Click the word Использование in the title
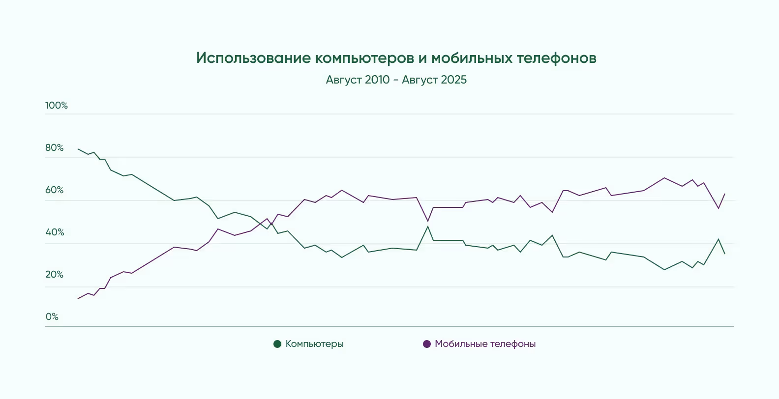click(x=253, y=58)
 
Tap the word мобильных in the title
click(x=472, y=58)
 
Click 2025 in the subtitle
click(x=454, y=80)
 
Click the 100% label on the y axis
click(x=57, y=105)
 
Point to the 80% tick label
click(x=55, y=147)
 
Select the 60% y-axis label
click(x=55, y=190)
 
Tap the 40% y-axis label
click(x=55, y=232)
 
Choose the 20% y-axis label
click(x=55, y=274)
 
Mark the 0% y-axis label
click(x=52, y=316)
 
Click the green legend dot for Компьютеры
click(x=277, y=344)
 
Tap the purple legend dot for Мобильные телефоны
click(x=427, y=344)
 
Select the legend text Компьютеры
click(x=315, y=344)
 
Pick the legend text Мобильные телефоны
click(x=485, y=344)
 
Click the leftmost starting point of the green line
click(x=78, y=148)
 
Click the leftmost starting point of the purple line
click(x=78, y=299)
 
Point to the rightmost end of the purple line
click(x=725, y=194)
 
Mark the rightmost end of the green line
click(x=725, y=254)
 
